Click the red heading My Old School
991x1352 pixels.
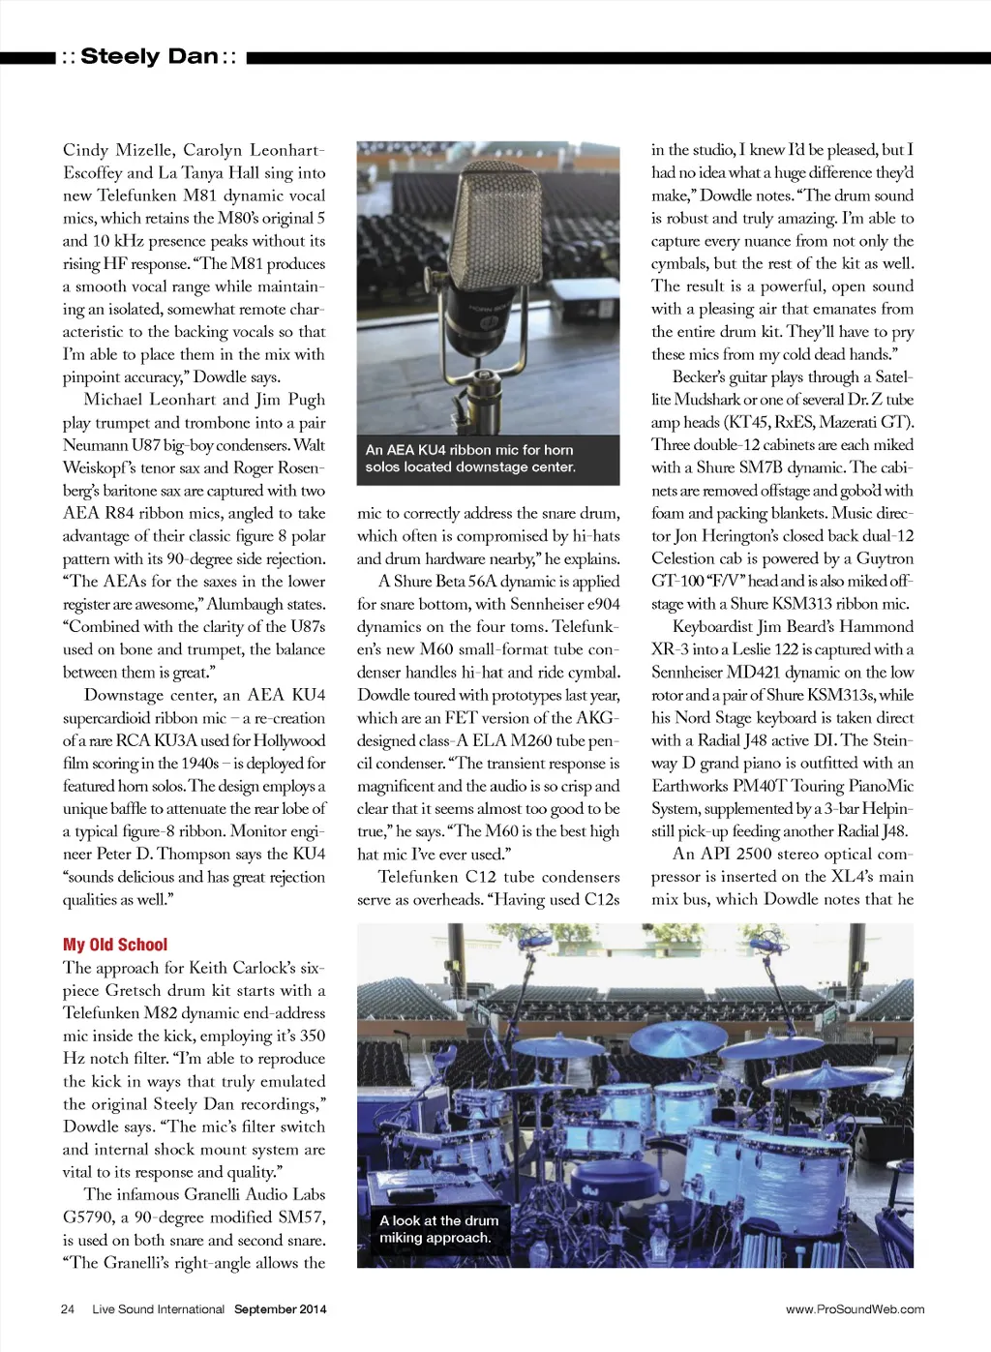pos(115,945)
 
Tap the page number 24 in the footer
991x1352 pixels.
pos(68,1309)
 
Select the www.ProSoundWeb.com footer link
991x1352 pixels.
pos(855,1309)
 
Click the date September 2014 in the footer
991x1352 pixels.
pos(280,1309)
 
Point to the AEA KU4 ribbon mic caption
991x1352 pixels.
pos(469,459)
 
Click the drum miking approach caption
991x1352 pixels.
pos(439,1229)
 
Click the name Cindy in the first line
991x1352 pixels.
pos(85,150)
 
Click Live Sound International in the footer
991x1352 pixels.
pos(158,1309)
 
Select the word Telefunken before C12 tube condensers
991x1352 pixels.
pos(417,877)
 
